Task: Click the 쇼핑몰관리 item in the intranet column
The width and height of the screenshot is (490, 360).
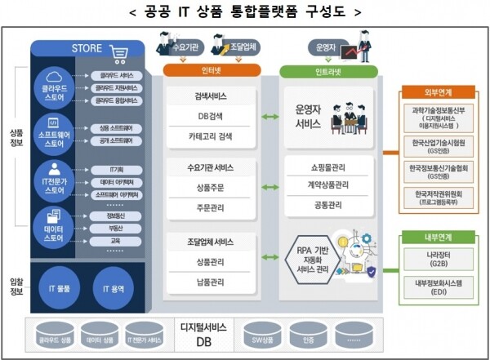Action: pyautogui.click(x=328, y=165)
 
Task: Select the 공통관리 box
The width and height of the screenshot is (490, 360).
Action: pyautogui.click(x=328, y=204)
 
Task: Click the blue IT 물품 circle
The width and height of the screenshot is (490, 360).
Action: pyautogui.click(x=65, y=289)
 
